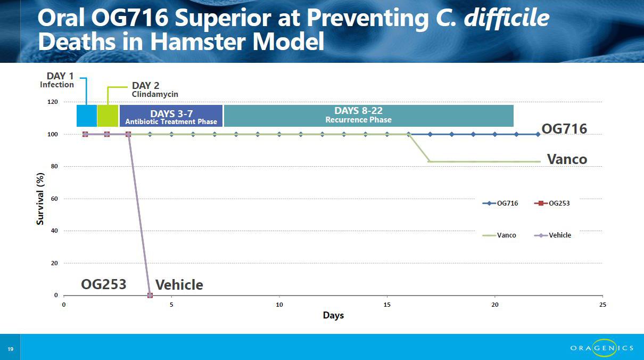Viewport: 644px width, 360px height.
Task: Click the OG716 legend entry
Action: (x=500, y=203)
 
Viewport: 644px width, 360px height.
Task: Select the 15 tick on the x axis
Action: (x=387, y=305)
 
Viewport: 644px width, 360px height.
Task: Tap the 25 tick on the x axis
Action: (x=602, y=305)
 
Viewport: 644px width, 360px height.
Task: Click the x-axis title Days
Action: (x=333, y=315)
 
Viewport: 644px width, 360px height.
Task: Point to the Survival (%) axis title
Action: (x=40, y=199)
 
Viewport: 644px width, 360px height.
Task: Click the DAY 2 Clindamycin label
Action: (x=154, y=89)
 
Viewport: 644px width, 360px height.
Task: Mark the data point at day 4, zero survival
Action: (x=150, y=295)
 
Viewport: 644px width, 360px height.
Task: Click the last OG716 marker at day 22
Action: (x=538, y=134)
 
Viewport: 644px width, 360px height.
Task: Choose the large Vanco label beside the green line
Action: (x=567, y=159)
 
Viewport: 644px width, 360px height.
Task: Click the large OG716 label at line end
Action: (x=564, y=129)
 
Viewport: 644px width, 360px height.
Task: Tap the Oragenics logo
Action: (x=602, y=348)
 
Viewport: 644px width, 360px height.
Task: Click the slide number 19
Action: (x=10, y=349)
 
